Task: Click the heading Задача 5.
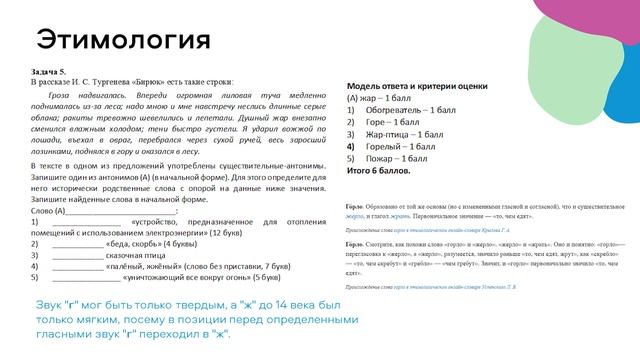click(49, 72)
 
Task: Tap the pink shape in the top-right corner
click(589, 24)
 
